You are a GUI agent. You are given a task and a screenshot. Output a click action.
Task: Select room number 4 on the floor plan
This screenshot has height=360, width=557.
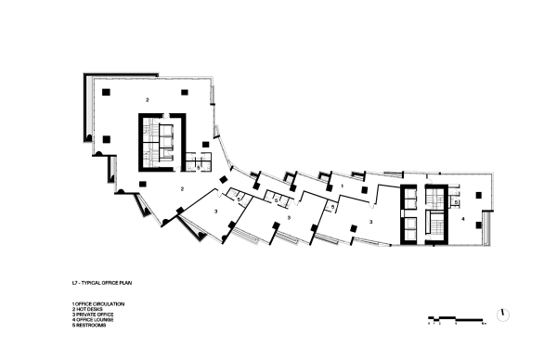pyautogui.click(x=462, y=219)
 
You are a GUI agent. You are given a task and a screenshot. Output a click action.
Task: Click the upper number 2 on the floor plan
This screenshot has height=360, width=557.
pyautogui.click(x=147, y=97)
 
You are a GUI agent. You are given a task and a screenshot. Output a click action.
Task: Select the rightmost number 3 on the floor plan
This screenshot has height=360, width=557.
pyautogui.click(x=370, y=222)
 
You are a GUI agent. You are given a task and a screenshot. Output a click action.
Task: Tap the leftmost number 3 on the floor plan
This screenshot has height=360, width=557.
pyautogui.click(x=216, y=212)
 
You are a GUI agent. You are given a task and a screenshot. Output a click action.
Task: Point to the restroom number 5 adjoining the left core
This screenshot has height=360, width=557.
pyautogui.click(x=199, y=166)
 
